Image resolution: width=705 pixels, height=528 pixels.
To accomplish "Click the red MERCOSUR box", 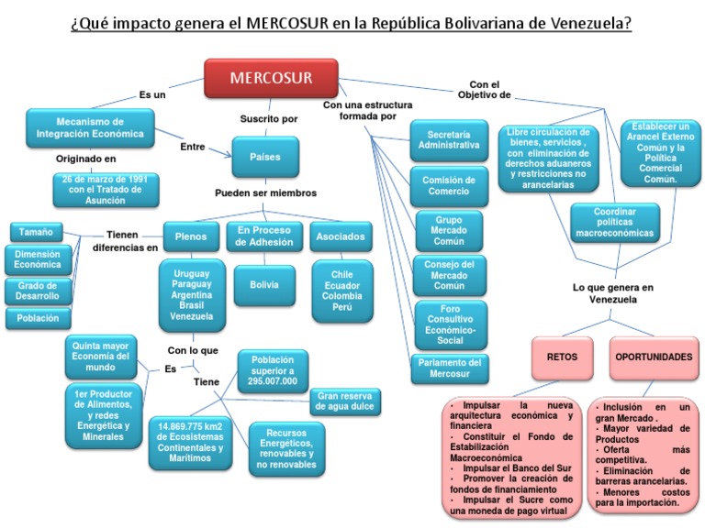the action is (x=271, y=78).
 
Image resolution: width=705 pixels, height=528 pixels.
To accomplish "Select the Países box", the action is (x=265, y=157).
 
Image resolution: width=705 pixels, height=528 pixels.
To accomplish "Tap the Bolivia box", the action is (x=264, y=285).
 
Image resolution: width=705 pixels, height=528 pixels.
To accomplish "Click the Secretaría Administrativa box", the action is (x=449, y=138).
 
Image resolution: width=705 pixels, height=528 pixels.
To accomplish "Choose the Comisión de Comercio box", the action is (x=449, y=186).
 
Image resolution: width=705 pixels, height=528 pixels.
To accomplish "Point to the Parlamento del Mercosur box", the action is (x=449, y=368).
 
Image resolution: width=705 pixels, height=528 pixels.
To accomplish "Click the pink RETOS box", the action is (x=563, y=357).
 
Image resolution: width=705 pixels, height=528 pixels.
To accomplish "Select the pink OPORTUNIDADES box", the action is (x=653, y=357).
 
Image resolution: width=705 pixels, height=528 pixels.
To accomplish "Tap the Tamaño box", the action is (x=36, y=231).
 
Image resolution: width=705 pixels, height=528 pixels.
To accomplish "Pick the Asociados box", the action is (x=341, y=236).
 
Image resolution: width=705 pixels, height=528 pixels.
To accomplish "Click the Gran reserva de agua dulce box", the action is (x=346, y=401).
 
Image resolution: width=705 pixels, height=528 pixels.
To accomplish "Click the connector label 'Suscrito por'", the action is (x=269, y=119).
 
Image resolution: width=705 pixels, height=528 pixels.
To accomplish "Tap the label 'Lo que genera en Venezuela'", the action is (x=612, y=293).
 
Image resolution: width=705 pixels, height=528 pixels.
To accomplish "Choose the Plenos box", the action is (x=190, y=236).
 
